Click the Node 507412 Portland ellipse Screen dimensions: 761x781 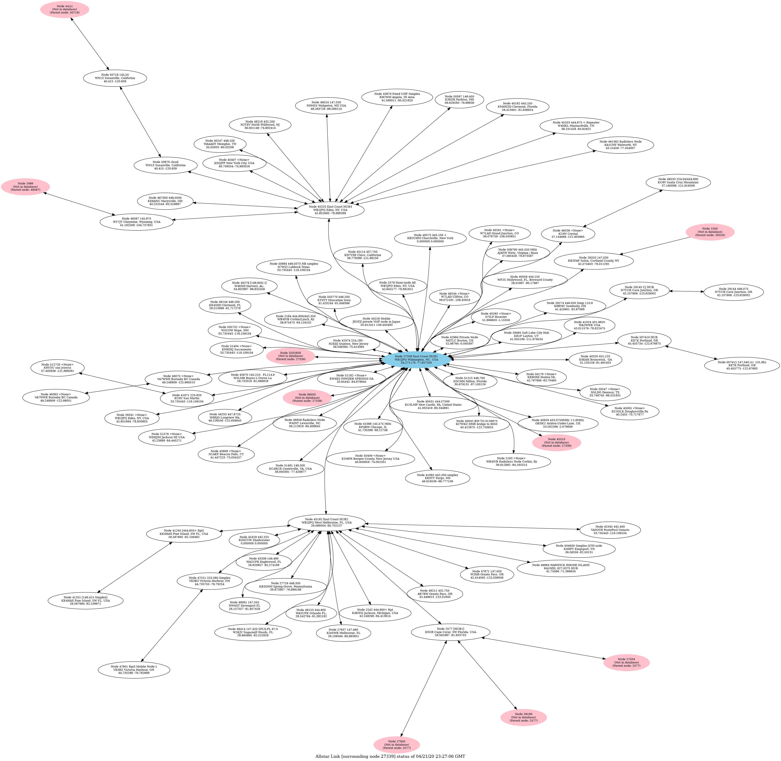point(742,365)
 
